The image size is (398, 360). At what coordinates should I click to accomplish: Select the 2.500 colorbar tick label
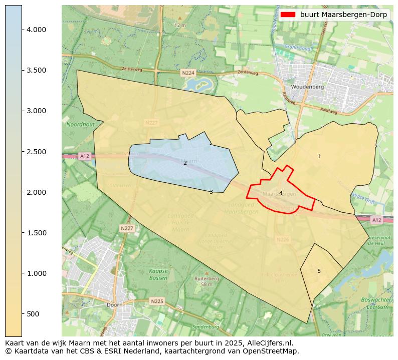click(36, 152)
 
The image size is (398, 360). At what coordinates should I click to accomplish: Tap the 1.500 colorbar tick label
click(36, 233)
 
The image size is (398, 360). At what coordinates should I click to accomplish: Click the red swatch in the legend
click(288, 15)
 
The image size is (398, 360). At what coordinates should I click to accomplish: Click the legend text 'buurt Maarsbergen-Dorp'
click(343, 15)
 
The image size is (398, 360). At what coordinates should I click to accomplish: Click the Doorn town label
click(114, 304)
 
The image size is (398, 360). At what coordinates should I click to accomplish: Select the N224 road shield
click(188, 73)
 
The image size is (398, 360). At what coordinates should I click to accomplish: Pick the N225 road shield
click(157, 301)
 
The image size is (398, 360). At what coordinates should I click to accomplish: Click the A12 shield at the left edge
click(84, 157)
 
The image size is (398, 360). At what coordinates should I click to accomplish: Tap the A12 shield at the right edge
click(377, 220)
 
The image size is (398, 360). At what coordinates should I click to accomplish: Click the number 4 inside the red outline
click(281, 193)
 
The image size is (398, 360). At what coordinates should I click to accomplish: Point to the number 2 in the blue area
click(185, 163)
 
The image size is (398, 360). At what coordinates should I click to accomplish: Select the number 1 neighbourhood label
click(319, 157)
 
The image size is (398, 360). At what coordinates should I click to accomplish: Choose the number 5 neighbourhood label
click(319, 271)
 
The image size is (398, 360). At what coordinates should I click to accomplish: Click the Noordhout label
click(80, 124)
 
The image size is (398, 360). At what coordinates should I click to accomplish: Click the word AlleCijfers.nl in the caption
click(268, 343)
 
